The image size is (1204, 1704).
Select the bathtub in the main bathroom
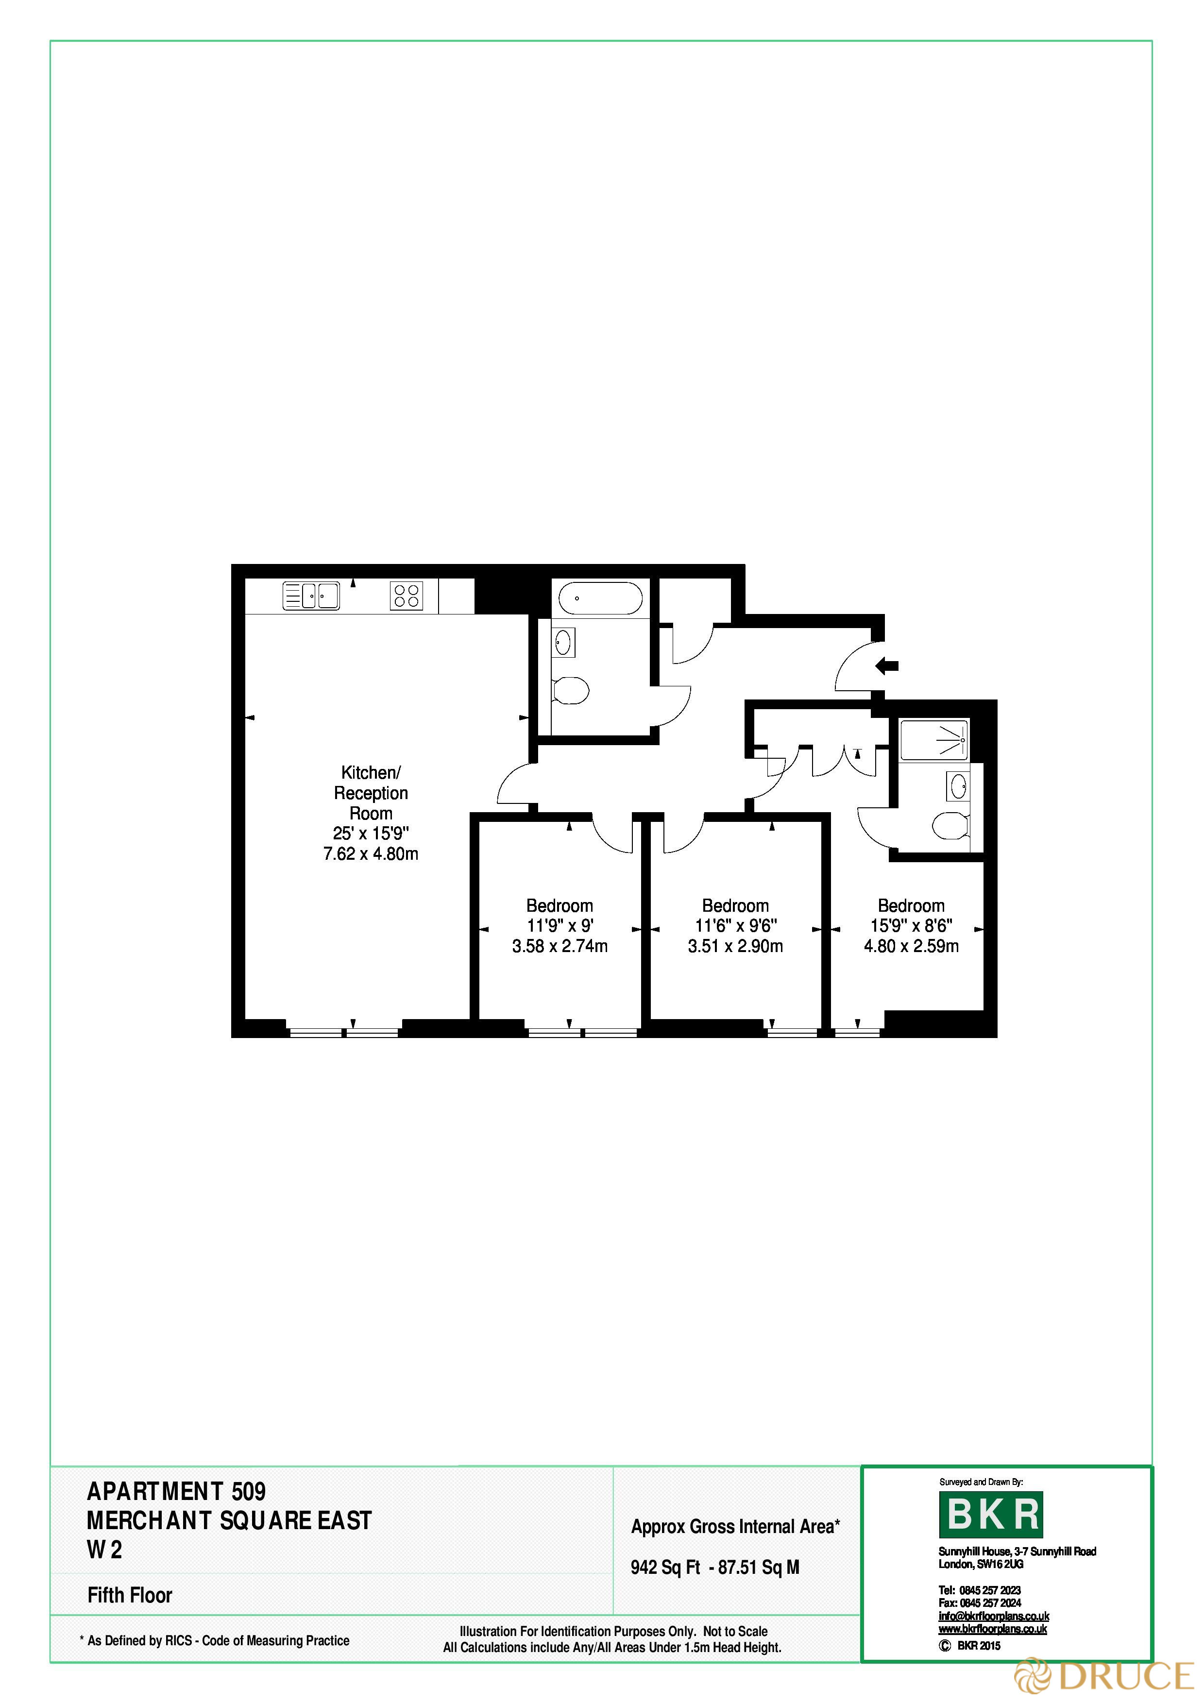click(x=600, y=598)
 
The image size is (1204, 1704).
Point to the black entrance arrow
click(x=886, y=666)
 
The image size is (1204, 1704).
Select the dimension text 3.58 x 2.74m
click(x=560, y=946)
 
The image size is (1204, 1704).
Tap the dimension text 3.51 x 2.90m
click(x=735, y=946)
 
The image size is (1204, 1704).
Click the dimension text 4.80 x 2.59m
click(x=911, y=946)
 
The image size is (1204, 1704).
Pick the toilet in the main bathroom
click(x=571, y=690)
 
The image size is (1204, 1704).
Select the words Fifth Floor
click(x=130, y=1595)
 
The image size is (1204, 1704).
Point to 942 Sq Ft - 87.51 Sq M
click(x=715, y=1568)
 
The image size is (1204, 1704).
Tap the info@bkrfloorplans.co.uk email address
click(x=993, y=1617)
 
